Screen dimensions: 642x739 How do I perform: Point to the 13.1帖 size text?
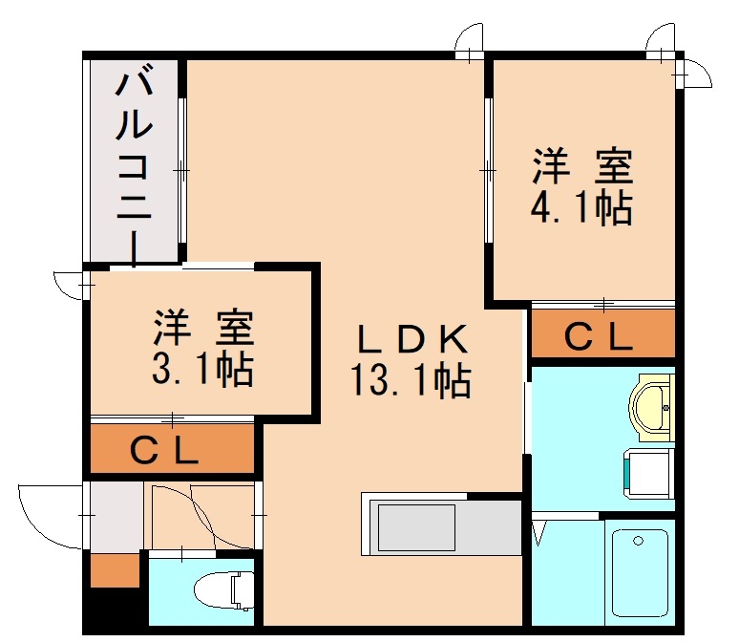[411, 381]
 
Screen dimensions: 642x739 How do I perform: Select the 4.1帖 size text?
[581, 206]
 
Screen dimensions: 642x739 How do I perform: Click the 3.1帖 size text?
[202, 369]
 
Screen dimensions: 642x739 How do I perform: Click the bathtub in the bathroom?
[639, 574]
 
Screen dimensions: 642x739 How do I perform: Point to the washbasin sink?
[651, 407]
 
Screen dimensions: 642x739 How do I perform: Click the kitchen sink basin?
[416, 525]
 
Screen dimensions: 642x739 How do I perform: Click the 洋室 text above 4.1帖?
[581, 166]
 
